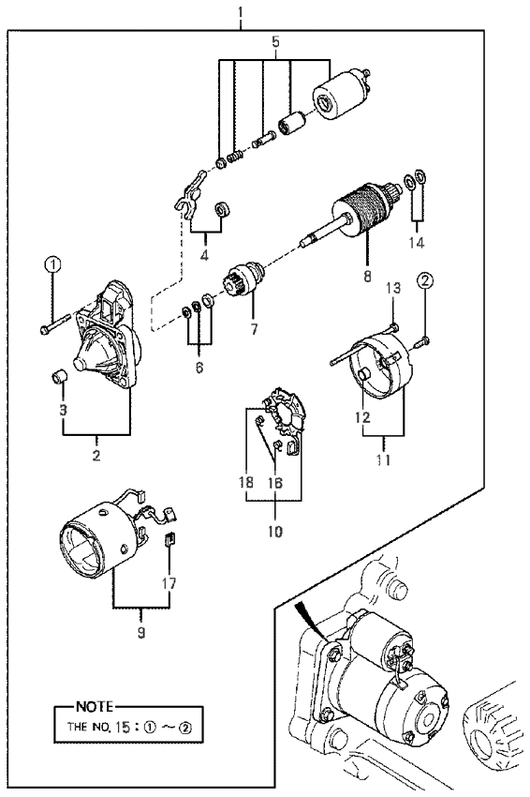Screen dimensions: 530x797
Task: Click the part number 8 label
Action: (x=367, y=276)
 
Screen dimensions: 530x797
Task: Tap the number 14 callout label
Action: (x=417, y=243)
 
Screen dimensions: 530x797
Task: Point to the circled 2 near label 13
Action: (x=425, y=279)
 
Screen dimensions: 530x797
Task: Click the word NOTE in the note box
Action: (x=94, y=706)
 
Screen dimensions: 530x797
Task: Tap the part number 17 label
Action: (x=169, y=583)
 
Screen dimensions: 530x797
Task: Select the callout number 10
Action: (x=274, y=532)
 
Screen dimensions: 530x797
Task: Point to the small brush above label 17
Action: (x=170, y=538)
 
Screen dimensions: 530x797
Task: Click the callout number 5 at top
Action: (x=275, y=41)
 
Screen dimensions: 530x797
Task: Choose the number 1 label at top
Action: (x=241, y=10)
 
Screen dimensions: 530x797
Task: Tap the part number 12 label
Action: (x=363, y=418)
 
